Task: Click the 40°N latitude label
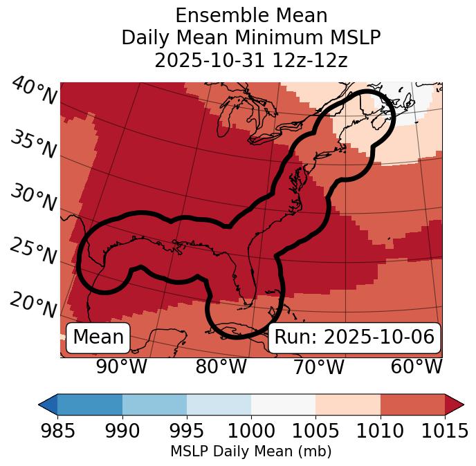34,92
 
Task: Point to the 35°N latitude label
33,145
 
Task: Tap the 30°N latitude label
33,198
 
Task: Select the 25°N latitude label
33,252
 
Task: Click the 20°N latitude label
33,304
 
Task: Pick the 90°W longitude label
122,367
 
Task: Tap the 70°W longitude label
318,367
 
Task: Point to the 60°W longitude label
416,367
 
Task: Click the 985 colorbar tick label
57,431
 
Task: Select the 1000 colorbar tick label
251,431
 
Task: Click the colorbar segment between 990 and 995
154,404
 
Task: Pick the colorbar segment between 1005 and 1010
348,404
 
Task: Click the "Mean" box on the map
98,337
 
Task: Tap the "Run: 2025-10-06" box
354,337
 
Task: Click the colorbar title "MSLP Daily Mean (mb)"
250,452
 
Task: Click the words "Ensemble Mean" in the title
250,15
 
